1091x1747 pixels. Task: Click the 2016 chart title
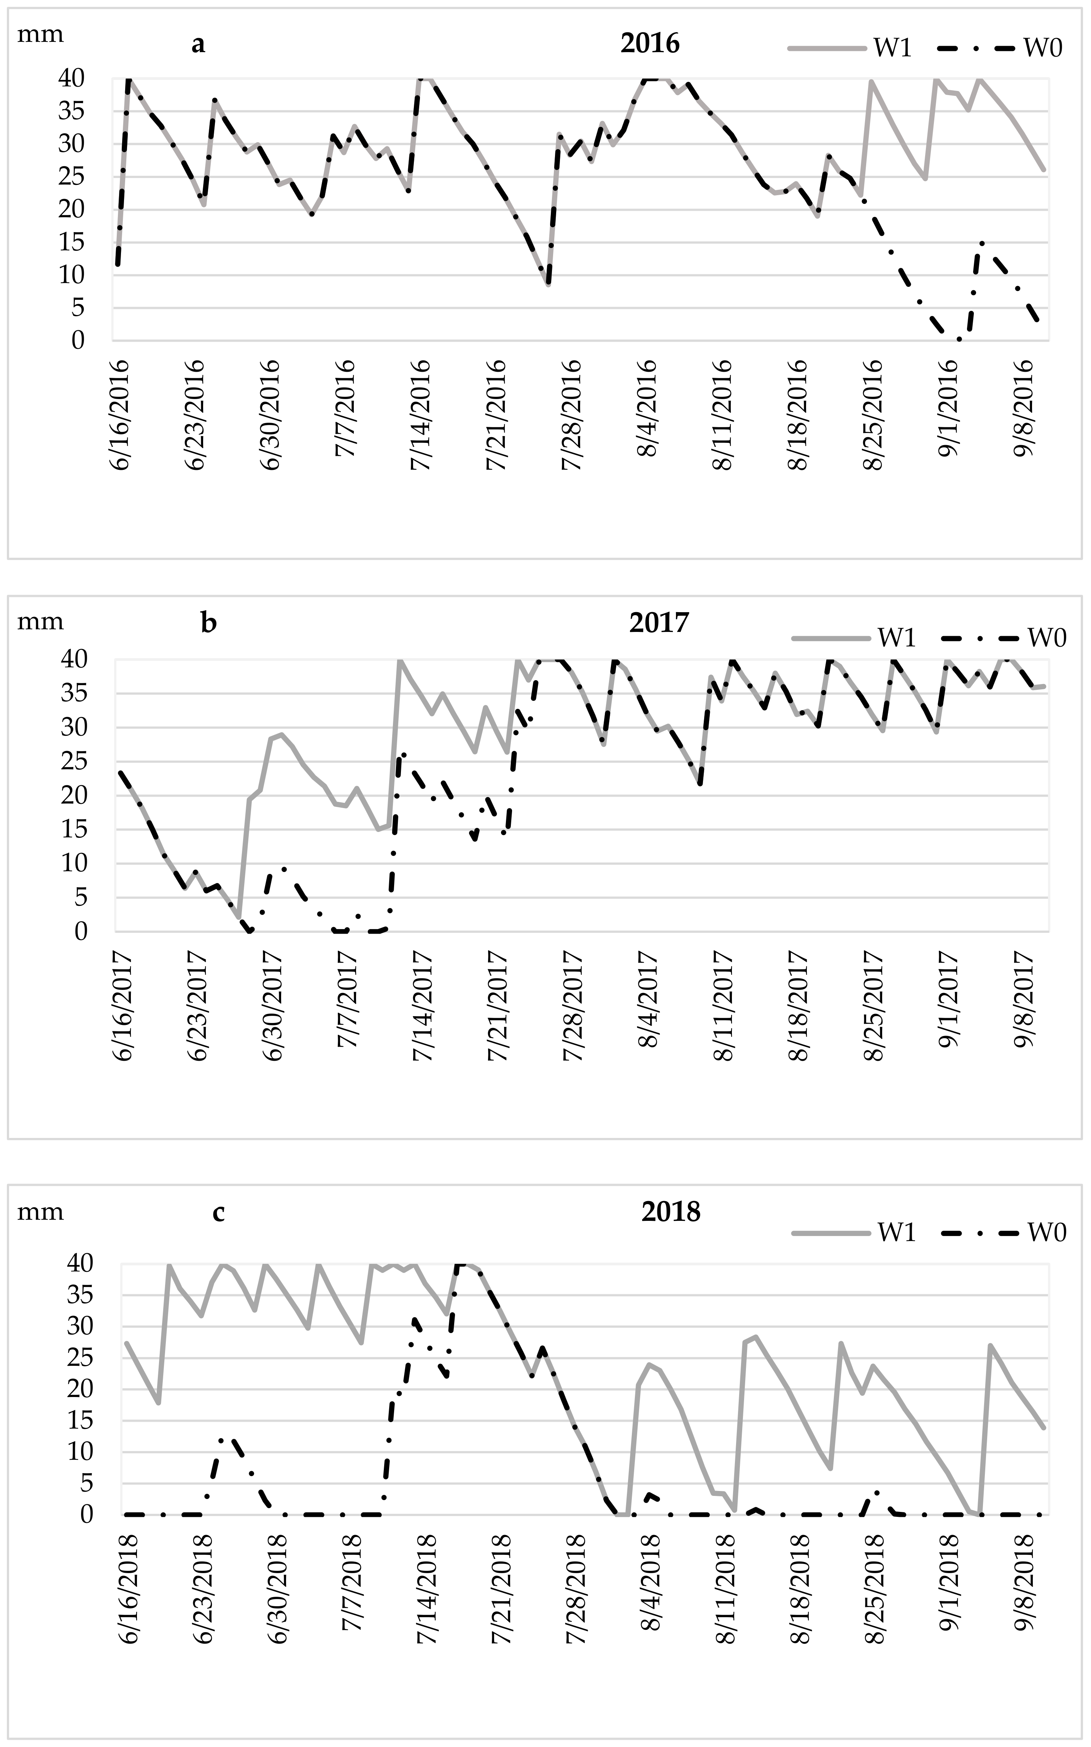[x=649, y=44]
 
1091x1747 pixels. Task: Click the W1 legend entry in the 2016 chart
[x=892, y=48]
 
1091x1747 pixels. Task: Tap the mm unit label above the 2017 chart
[x=40, y=621]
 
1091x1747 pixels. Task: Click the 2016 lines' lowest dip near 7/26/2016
[x=549, y=284]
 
